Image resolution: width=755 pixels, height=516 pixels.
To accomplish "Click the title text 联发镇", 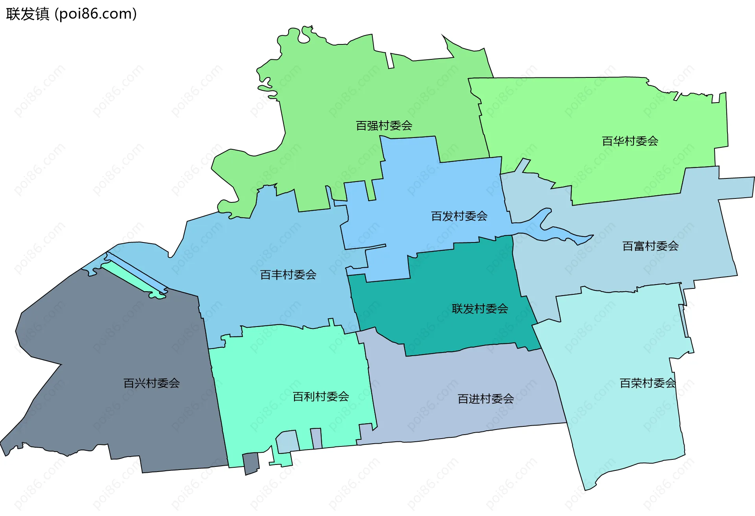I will click(28, 14).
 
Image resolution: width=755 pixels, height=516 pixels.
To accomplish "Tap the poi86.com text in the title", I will click(96, 14).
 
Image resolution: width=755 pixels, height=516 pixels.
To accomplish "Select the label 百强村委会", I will click(384, 126).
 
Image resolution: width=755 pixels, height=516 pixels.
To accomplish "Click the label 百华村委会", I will click(630, 141).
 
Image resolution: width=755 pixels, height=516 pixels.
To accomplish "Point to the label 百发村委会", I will click(459, 216).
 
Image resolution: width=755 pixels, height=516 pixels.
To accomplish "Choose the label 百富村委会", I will click(650, 246).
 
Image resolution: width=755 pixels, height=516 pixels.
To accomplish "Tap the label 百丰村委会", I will click(288, 275).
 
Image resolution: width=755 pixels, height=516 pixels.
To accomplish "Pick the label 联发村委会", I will click(480, 309).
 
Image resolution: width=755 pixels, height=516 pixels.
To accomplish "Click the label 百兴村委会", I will click(151, 383).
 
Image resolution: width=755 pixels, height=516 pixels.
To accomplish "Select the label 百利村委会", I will click(321, 397).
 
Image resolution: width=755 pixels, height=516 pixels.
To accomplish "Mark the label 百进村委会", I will click(486, 399).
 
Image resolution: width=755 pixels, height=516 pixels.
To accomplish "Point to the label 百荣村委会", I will click(648, 383).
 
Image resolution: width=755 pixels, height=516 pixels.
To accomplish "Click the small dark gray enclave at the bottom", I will click(251, 463).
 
